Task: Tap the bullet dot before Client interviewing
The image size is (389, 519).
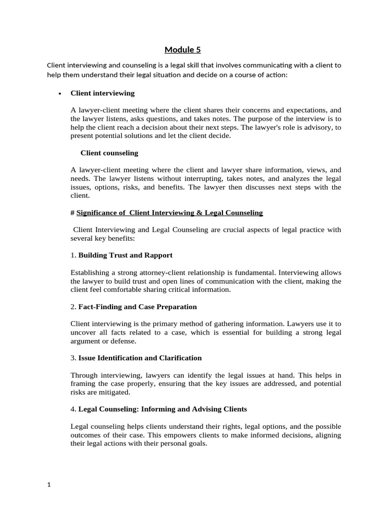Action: coord(60,94)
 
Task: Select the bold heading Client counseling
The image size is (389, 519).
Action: coord(109,153)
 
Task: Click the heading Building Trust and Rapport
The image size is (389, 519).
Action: coord(125,255)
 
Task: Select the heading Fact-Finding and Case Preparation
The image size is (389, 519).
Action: coord(137,307)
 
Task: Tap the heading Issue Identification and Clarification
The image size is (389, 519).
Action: coord(140,358)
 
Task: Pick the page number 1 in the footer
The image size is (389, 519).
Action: coord(49,485)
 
